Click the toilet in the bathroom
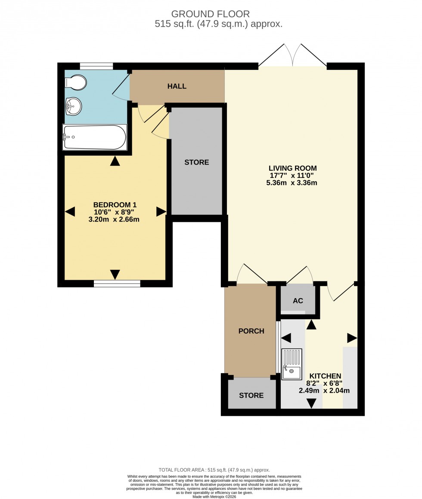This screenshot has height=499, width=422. [x=76, y=82]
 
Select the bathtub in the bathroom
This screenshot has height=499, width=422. [x=95, y=137]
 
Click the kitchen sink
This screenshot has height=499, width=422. [x=292, y=364]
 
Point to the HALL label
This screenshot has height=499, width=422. [x=177, y=86]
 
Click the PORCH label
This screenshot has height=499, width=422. [x=251, y=331]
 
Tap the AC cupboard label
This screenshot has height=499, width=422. [x=298, y=300]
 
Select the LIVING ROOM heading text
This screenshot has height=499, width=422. [x=293, y=168]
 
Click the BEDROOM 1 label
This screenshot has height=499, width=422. [x=115, y=204]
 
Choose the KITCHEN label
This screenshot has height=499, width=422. [x=324, y=376]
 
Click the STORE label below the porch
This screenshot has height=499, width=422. [x=251, y=395]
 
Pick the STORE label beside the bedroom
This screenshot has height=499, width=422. [x=196, y=162]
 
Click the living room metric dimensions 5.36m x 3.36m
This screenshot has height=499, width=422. [x=292, y=183]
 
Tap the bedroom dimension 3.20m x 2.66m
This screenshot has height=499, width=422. [x=114, y=219]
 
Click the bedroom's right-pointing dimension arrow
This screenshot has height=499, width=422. [x=161, y=211]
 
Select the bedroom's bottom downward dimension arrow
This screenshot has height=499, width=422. [x=115, y=274]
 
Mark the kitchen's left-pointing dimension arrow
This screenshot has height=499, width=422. [x=286, y=338]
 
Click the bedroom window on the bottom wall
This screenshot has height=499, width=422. [x=117, y=284]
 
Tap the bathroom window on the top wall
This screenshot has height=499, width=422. [x=96, y=66]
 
